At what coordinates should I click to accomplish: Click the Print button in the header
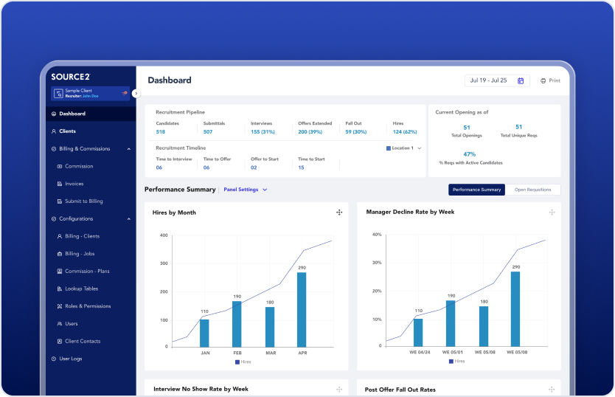550,80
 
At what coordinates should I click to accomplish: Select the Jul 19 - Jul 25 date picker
497,80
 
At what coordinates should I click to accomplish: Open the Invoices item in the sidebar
74,184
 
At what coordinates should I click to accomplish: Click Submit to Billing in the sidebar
83,201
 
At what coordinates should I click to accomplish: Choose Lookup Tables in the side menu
81,289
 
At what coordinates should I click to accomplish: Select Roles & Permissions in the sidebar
87,306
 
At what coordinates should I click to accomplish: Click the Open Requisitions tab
532,190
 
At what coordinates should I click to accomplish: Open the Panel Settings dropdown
245,190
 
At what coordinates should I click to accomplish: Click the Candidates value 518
160,132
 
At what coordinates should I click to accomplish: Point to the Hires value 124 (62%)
405,132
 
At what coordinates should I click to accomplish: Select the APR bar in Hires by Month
302,309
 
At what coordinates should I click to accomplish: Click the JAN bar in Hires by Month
204,333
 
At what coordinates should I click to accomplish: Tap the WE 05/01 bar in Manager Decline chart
451,323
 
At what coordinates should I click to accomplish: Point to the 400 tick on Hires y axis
164,235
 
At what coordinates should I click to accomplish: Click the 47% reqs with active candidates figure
469,154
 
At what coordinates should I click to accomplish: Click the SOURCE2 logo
70,76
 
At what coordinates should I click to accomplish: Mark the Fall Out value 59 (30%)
355,132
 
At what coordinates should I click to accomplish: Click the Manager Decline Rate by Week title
410,213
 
